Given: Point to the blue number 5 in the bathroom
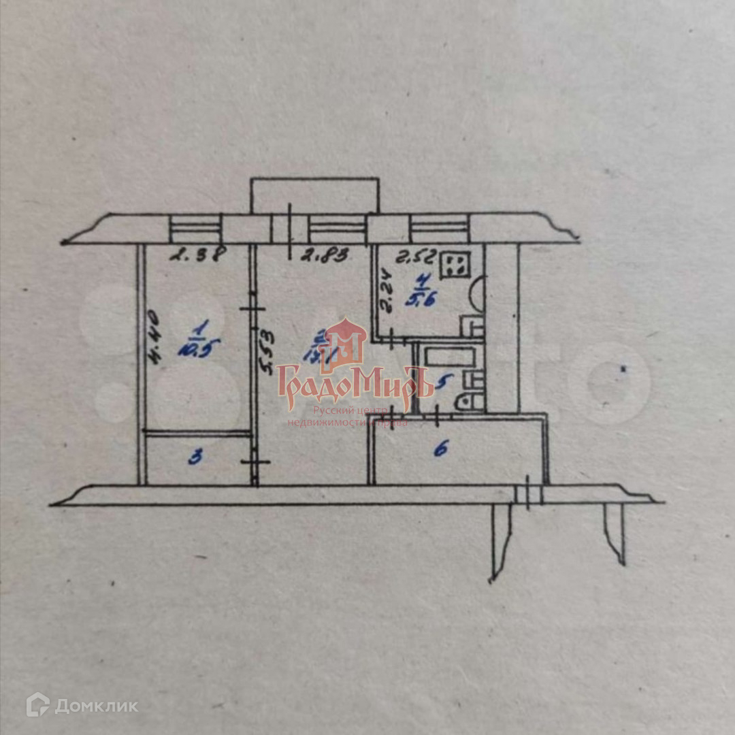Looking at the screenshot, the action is [442, 383].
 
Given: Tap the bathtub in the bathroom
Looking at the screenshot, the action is [447, 356].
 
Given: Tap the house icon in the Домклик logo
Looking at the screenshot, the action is [37, 705].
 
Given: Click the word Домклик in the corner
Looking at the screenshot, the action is [96, 706].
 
